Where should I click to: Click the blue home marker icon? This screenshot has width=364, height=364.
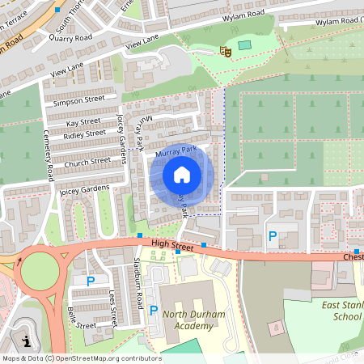point(182,175)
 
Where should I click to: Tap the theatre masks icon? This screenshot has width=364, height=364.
point(226,51)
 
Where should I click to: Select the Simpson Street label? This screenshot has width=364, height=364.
point(78,100)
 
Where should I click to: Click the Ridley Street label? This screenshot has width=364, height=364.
point(84,133)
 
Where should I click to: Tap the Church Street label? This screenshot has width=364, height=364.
point(88,161)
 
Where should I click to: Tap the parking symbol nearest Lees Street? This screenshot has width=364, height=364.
point(91,281)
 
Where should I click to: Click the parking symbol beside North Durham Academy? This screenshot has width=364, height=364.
point(153,310)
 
